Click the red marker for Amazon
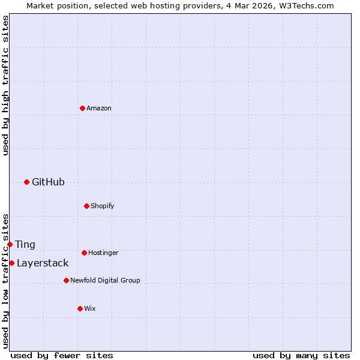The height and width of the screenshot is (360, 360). pyautogui.click(x=82, y=108)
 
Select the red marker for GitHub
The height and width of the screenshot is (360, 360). pyautogui.click(x=26, y=182)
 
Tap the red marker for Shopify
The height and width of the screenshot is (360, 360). pyautogui.click(x=86, y=206)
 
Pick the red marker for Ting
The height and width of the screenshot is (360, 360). pyautogui.click(x=10, y=244)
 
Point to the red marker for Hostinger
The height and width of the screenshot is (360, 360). pyautogui.click(x=84, y=253)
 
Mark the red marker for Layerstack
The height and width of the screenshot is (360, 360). pyautogui.click(x=11, y=263)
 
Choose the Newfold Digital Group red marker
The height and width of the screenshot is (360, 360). pyautogui.click(x=66, y=280)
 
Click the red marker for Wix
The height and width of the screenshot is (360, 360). pyautogui.click(x=80, y=308)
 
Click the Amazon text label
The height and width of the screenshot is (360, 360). pyautogui.click(x=99, y=108)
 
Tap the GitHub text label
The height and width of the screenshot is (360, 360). pyautogui.click(x=48, y=182)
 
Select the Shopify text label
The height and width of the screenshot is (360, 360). pyautogui.click(x=103, y=206)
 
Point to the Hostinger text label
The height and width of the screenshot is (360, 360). pyautogui.click(x=103, y=253)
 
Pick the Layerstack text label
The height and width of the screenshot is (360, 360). pyautogui.click(x=43, y=263)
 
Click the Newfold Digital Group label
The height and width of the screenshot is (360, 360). pyautogui.click(x=105, y=280)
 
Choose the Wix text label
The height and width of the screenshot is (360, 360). pyautogui.click(x=90, y=308)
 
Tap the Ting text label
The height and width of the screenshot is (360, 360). pyautogui.click(x=25, y=245)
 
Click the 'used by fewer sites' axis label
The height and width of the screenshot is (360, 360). pyautogui.click(x=62, y=355)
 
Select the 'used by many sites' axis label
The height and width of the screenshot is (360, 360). pyautogui.click(x=301, y=355)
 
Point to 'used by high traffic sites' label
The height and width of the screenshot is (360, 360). pyautogui.click(x=5, y=85)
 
